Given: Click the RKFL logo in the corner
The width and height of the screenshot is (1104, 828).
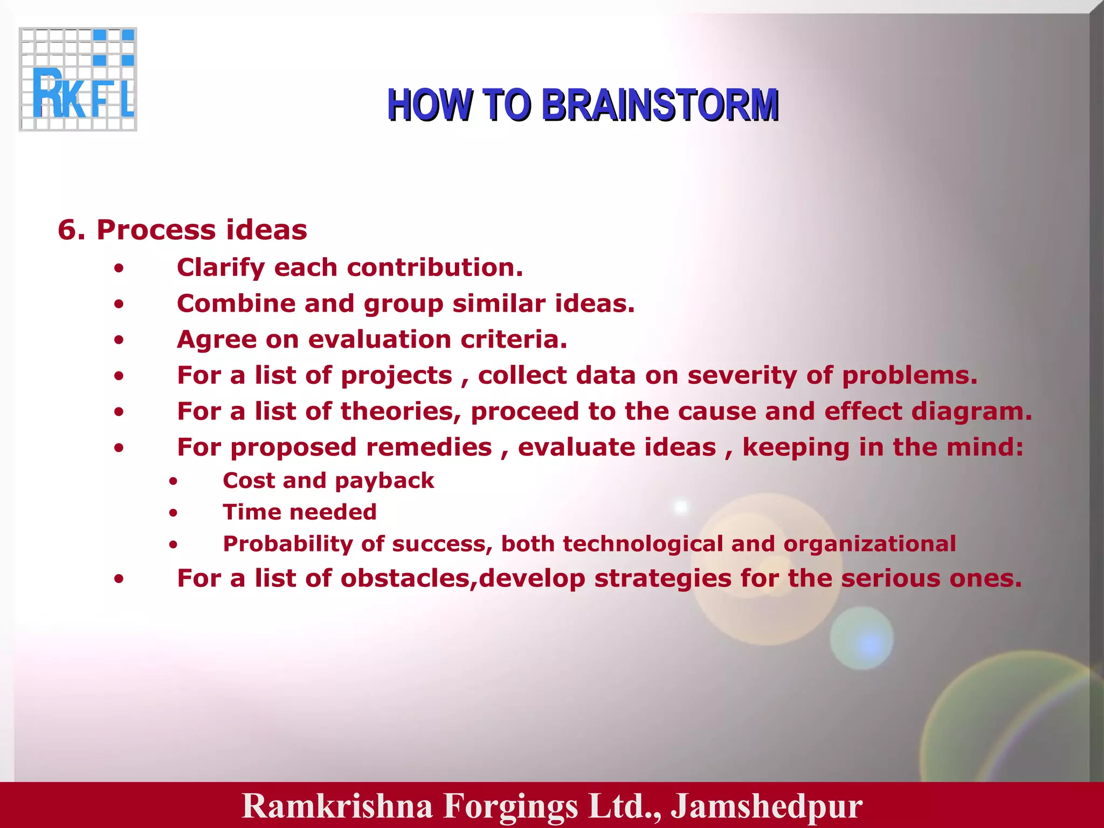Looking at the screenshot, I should (78, 79).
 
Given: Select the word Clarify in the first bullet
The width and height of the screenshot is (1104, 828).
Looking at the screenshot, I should (220, 268).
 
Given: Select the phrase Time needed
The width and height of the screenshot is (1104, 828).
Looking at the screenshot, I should (300, 512).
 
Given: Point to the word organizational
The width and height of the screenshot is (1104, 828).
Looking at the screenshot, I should (870, 543).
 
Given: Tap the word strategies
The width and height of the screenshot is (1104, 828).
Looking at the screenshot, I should (663, 579).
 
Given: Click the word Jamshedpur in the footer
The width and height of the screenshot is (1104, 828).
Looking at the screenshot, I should (766, 806).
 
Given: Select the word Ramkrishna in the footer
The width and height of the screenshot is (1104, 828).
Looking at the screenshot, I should (337, 806).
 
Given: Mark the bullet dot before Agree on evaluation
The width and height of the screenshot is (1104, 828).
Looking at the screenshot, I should (119, 341).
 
